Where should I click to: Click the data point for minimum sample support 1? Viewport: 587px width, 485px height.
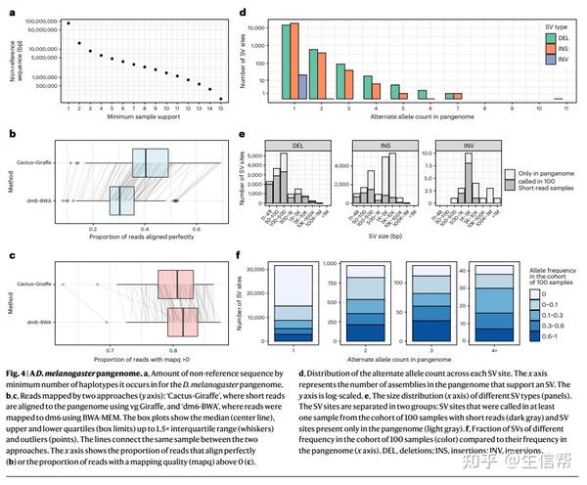pos(68,22)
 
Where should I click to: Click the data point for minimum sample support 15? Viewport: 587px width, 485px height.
pos(221,98)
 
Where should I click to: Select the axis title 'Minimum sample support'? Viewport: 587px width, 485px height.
pos(145,117)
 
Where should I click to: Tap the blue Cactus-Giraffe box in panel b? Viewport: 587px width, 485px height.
pos(152,161)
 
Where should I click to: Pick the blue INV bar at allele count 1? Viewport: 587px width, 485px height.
pos(302,87)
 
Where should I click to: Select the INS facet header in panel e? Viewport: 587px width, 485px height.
pos(373,145)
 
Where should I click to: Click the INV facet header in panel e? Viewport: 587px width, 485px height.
pos(455,145)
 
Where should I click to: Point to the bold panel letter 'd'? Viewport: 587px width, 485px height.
pos(243,14)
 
